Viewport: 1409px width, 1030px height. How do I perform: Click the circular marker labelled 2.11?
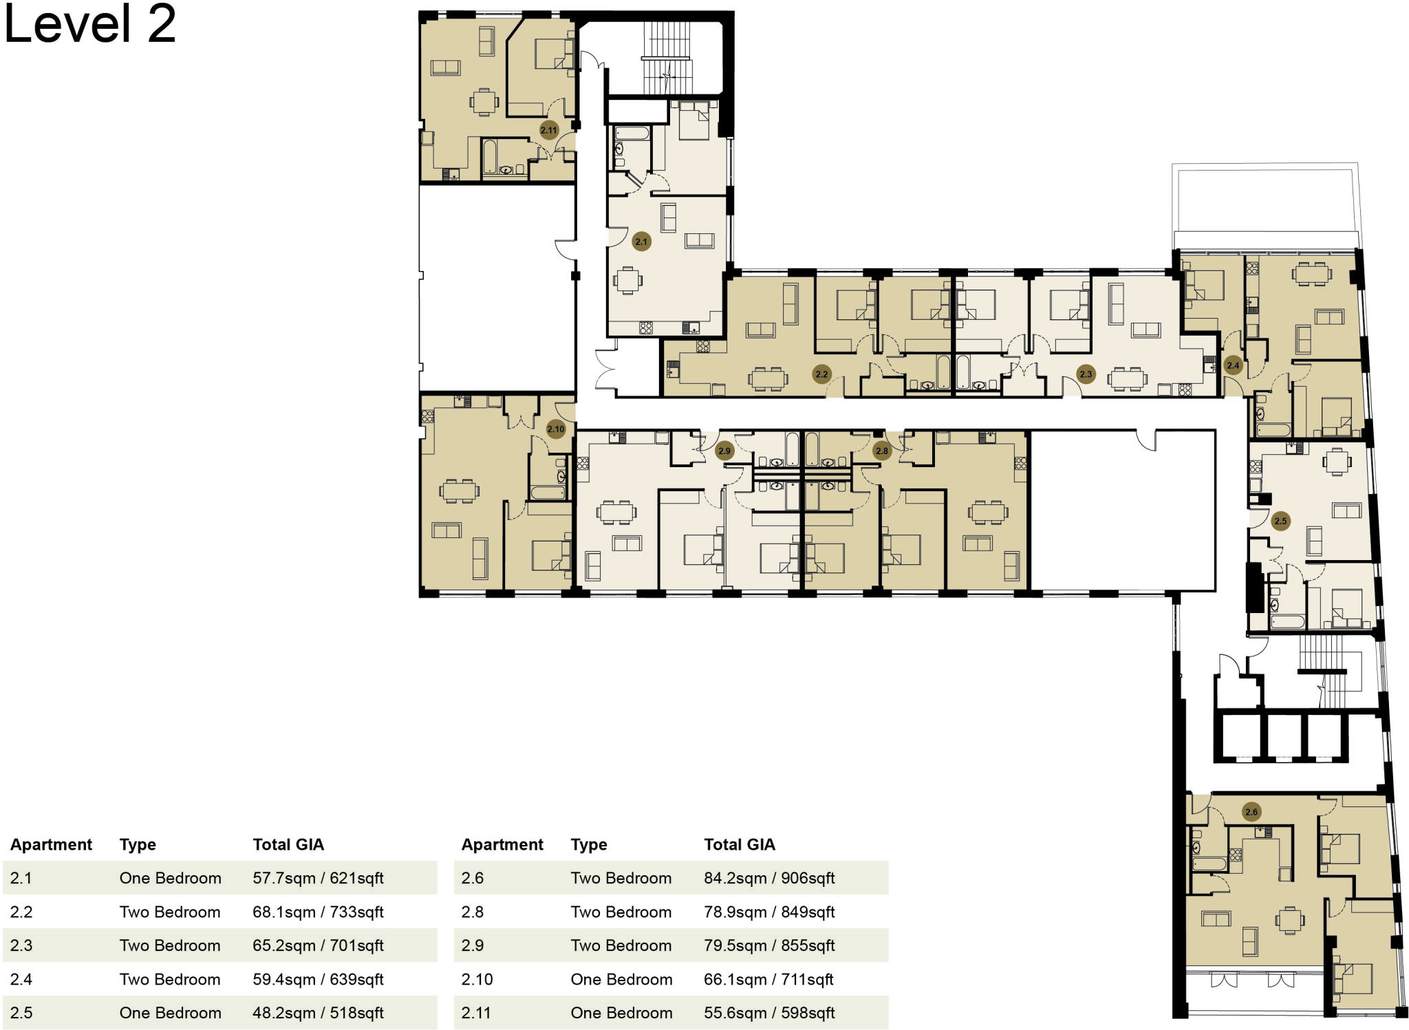coord(548,130)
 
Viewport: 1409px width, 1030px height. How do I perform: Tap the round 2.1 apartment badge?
coord(641,242)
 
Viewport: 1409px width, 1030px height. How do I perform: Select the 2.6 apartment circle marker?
coord(1251,812)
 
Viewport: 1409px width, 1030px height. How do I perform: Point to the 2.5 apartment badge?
coord(1280,521)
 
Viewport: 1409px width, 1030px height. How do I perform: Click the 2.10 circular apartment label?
coord(555,429)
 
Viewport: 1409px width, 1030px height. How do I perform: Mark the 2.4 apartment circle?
coord(1233,365)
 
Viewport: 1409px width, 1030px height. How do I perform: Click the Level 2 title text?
coord(90,24)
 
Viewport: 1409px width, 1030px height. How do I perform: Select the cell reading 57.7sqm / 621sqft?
coord(318,878)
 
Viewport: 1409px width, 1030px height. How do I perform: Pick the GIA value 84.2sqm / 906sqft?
coord(768,878)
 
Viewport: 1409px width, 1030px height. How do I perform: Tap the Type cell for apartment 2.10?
coord(621,979)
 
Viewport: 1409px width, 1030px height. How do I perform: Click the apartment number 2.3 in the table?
coord(21,945)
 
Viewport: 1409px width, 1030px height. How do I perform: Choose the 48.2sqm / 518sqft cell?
coord(318,1013)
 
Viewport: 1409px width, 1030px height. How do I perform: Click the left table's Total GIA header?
coord(288,844)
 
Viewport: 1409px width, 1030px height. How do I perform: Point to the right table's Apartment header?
coord(502,844)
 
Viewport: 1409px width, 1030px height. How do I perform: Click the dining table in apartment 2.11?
coord(484,103)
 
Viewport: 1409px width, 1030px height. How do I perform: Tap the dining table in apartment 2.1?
coord(627,280)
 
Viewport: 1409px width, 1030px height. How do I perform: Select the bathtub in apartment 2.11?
coord(489,157)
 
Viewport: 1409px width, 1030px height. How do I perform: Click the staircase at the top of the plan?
coord(666,56)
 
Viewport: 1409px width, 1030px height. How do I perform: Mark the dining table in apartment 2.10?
coord(459,491)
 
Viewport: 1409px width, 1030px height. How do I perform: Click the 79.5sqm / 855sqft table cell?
coord(768,945)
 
